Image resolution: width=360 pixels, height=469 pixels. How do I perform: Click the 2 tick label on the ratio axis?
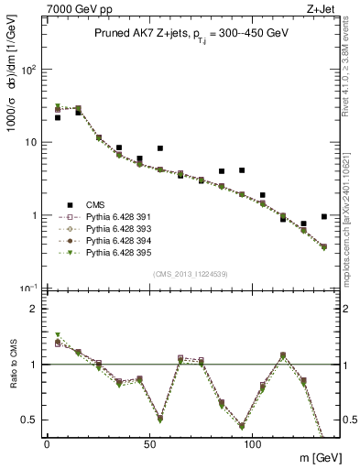[x=32, y=310]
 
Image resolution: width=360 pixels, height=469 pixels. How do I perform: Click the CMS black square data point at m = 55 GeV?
[x=160, y=148]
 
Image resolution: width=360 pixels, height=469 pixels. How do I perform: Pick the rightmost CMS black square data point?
[x=324, y=217]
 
